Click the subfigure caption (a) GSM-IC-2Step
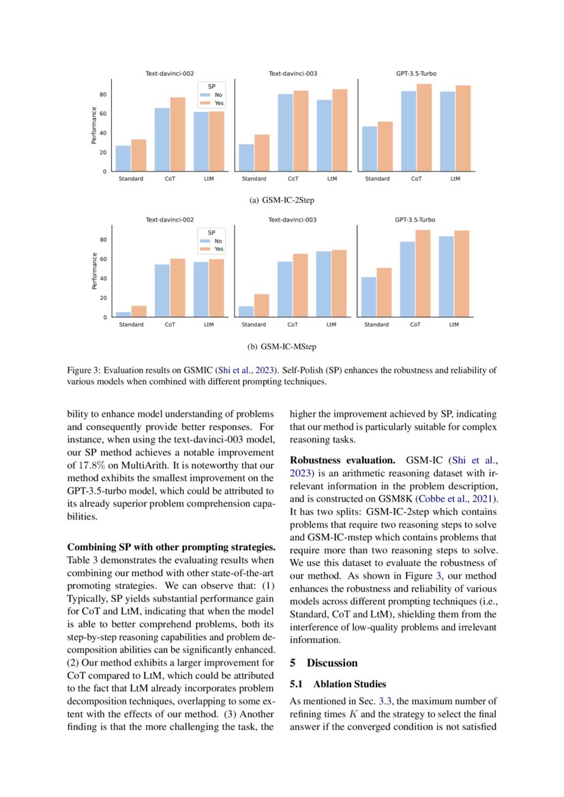[282, 200]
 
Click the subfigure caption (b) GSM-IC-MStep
[282, 347]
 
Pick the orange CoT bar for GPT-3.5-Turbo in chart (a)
[424, 127]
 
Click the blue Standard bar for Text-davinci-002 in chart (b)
[123, 314]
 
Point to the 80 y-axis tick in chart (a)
[102, 94]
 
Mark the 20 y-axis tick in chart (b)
[102, 298]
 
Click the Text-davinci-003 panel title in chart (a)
[293, 73]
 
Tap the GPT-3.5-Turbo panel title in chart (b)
[415, 220]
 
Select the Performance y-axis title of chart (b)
[93, 271]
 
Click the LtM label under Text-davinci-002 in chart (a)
[209, 179]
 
